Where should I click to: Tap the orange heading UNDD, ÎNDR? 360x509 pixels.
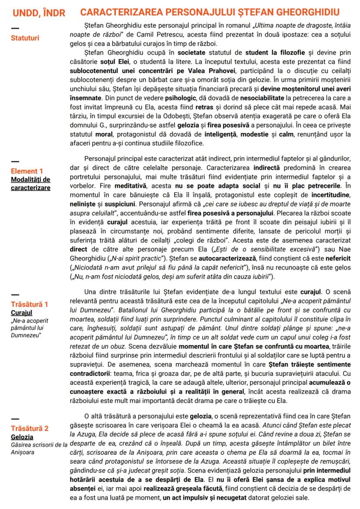[x=38, y=13]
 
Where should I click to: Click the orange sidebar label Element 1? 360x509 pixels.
[x=27, y=171]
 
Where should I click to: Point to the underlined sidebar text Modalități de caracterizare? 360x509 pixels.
[x=30, y=183]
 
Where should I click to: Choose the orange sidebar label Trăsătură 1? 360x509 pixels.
[x=30, y=304]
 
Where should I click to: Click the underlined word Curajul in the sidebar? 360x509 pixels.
[x=22, y=312]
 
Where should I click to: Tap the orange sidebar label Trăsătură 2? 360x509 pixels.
[x=30, y=428]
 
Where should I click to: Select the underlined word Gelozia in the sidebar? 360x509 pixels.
[x=23, y=436]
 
